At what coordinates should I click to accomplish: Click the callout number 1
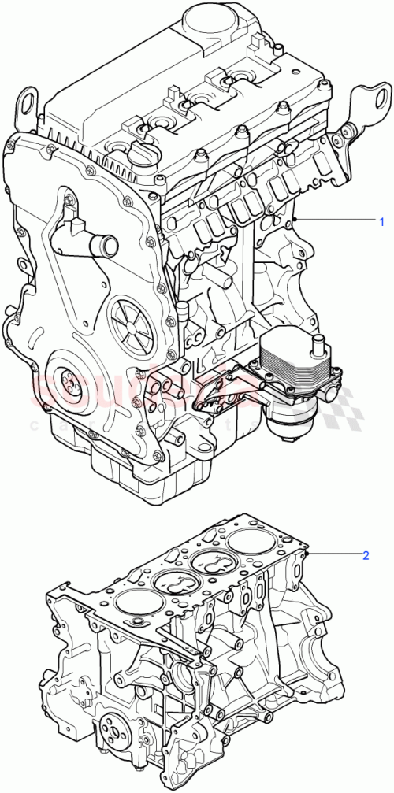pyautogui.click(x=381, y=219)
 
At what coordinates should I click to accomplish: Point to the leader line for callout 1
pyautogui.click(x=331, y=219)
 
